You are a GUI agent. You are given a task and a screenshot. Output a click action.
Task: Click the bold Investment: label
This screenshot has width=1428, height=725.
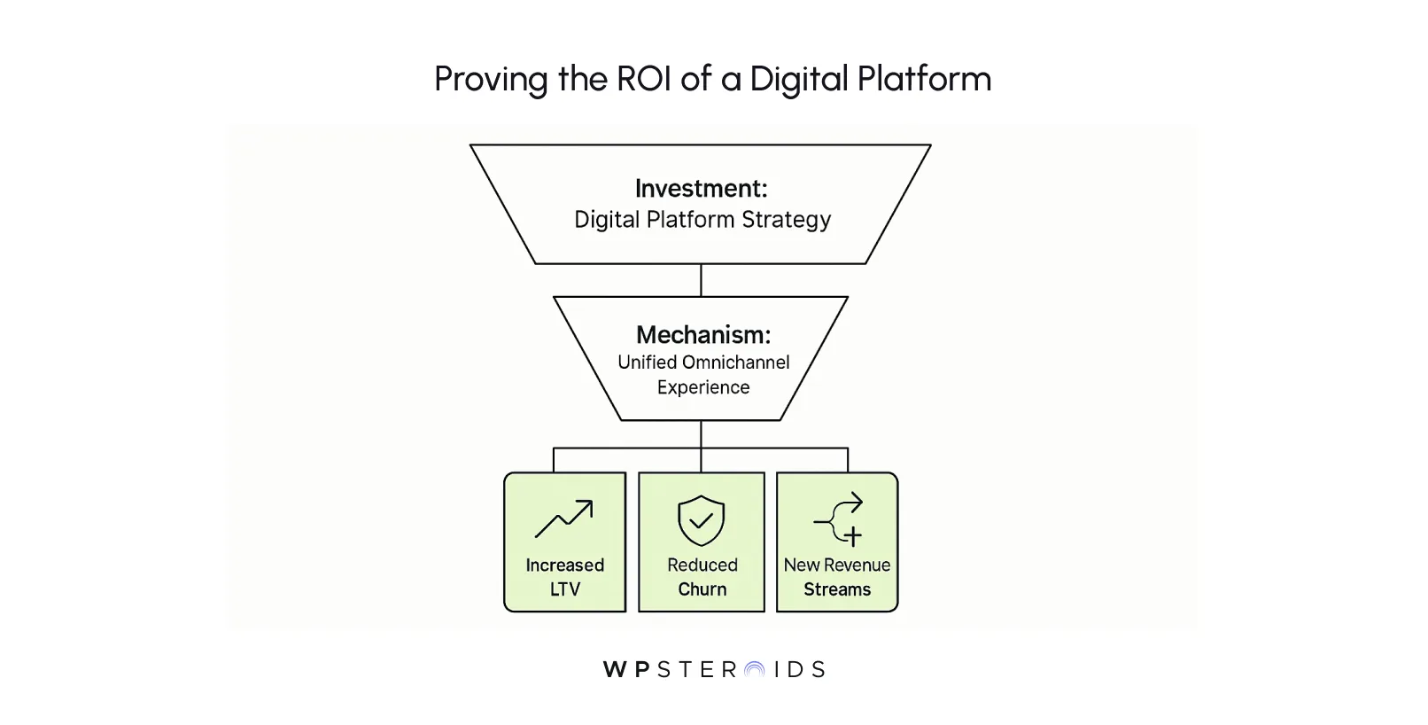pos(701,189)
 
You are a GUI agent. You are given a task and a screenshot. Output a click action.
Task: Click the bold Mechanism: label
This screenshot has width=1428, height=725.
pos(703,335)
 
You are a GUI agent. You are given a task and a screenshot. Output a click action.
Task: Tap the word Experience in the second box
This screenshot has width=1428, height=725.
pos(703,387)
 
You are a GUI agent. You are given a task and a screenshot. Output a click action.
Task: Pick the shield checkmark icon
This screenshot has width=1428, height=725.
pos(701,520)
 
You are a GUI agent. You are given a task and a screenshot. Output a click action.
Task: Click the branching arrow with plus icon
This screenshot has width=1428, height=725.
pos(839,518)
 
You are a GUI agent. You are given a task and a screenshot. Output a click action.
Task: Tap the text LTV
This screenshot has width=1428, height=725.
pos(565,589)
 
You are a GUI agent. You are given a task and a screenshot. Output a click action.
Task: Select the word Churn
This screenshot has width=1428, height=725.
pos(702,589)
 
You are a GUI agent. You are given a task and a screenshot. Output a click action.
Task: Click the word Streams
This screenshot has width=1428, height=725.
pos(837,589)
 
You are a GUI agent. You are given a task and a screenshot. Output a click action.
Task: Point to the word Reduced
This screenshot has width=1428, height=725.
pos(702,565)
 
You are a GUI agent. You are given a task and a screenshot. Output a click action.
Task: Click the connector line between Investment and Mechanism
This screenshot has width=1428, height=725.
pos(701,280)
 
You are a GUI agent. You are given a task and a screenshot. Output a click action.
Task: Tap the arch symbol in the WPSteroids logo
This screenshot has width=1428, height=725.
pos(754,670)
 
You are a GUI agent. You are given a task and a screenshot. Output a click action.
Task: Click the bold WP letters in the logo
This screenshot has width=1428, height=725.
pos(626,670)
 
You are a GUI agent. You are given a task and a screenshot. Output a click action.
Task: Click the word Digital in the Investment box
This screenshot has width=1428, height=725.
pos(607,220)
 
